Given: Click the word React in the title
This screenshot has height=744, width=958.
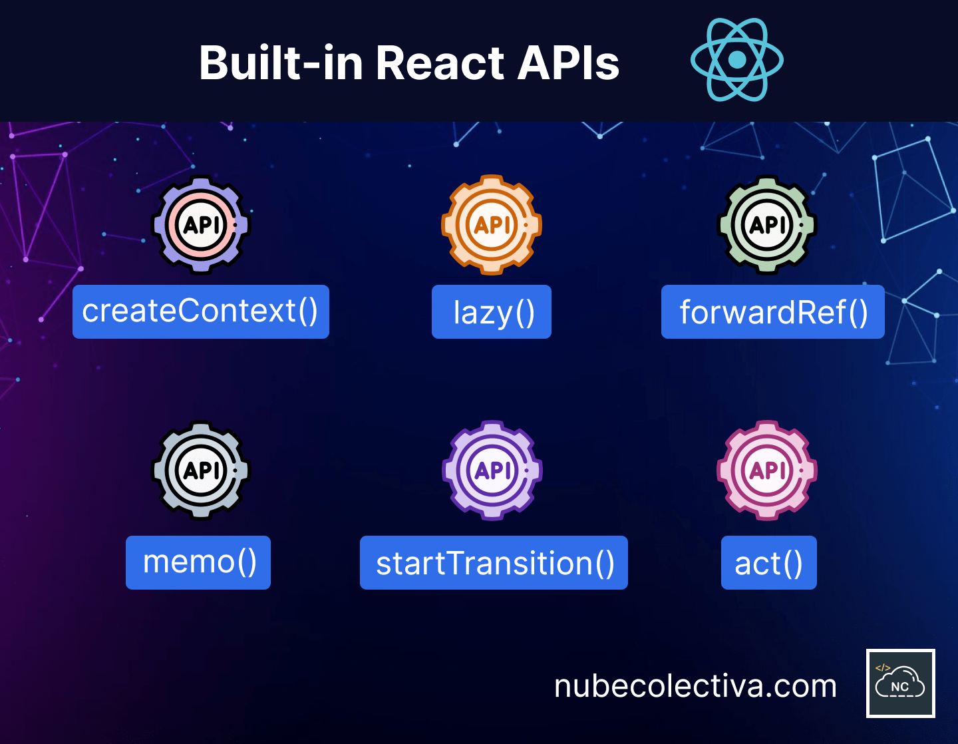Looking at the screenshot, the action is tap(440, 63).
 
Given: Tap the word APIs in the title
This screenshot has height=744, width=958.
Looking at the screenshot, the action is tap(568, 63).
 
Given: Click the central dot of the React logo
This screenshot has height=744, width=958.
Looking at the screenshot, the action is tap(737, 60).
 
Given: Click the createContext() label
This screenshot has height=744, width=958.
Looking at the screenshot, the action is tap(201, 312).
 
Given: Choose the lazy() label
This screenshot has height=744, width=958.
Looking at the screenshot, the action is tap(492, 312).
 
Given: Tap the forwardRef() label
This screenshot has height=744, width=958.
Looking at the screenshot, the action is tap(773, 312).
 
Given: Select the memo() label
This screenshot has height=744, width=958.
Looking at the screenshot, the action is tap(198, 562).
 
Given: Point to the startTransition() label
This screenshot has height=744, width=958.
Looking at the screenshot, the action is tap(494, 562).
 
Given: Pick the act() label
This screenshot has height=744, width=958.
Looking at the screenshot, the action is tap(769, 562).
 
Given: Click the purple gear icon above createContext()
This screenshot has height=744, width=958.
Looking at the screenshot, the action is tap(201, 225).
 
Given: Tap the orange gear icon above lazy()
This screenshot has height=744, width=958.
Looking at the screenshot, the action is tap(492, 225).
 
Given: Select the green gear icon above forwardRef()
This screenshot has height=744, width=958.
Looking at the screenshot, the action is tap(767, 225).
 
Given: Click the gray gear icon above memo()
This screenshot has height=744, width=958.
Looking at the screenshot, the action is tap(201, 470).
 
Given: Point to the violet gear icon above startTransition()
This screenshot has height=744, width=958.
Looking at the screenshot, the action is tap(492, 470).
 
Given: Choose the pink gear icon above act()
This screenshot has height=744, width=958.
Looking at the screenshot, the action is tap(767, 470).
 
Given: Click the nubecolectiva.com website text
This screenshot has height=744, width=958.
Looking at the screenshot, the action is tap(695, 686).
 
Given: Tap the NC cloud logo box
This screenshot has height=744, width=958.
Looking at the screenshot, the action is tap(901, 683).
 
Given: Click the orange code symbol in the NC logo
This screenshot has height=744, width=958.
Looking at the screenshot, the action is tap(883, 667).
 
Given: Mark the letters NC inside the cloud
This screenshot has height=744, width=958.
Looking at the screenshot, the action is tap(900, 687).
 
